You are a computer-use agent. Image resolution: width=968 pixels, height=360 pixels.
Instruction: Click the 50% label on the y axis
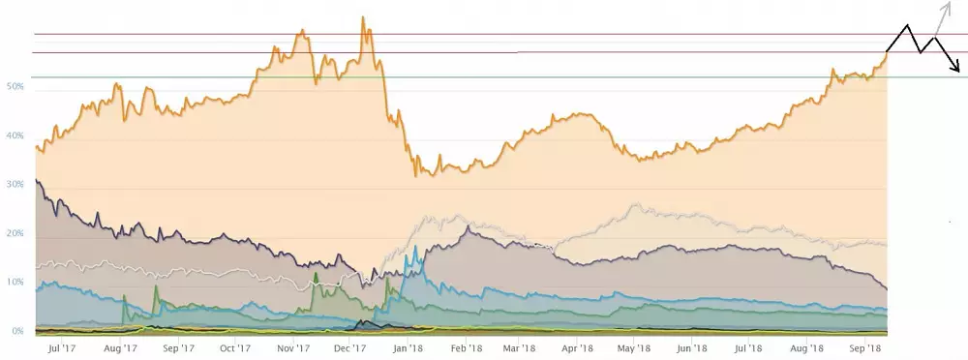(15, 87)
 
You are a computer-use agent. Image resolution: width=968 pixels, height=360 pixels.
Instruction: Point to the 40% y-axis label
(15, 135)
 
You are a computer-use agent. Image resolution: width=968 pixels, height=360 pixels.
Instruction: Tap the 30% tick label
(15, 184)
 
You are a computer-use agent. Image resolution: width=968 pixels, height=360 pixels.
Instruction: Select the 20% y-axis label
(15, 234)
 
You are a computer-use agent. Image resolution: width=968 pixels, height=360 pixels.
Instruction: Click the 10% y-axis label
(15, 282)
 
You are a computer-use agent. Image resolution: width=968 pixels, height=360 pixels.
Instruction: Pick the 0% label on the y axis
(17, 331)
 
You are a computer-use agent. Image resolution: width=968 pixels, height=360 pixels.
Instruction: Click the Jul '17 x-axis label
(61, 347)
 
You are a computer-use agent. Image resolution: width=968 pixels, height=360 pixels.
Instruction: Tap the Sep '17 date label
(178, 347)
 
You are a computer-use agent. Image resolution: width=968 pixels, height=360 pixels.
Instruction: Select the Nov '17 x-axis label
(293, 347)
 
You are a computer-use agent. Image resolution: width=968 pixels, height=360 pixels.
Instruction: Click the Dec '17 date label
(350, 347)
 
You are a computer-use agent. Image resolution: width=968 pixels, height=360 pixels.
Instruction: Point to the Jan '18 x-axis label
(408, 347)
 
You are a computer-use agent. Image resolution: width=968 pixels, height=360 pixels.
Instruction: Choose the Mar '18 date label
(519, 347)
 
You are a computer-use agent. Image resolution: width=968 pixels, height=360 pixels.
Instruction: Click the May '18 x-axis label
(634, 347)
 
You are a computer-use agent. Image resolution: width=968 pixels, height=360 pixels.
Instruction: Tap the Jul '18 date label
(748, 347)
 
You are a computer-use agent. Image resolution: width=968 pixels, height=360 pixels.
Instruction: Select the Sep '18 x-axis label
(864, 347)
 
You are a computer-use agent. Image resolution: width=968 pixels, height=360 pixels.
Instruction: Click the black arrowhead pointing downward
(956, 68)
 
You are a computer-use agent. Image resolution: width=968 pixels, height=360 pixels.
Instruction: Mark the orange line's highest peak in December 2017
(363, 17)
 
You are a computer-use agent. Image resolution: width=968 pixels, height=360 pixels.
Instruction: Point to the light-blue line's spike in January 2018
(416, 247)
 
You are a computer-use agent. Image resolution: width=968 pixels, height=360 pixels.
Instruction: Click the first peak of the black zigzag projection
(907, 25)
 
